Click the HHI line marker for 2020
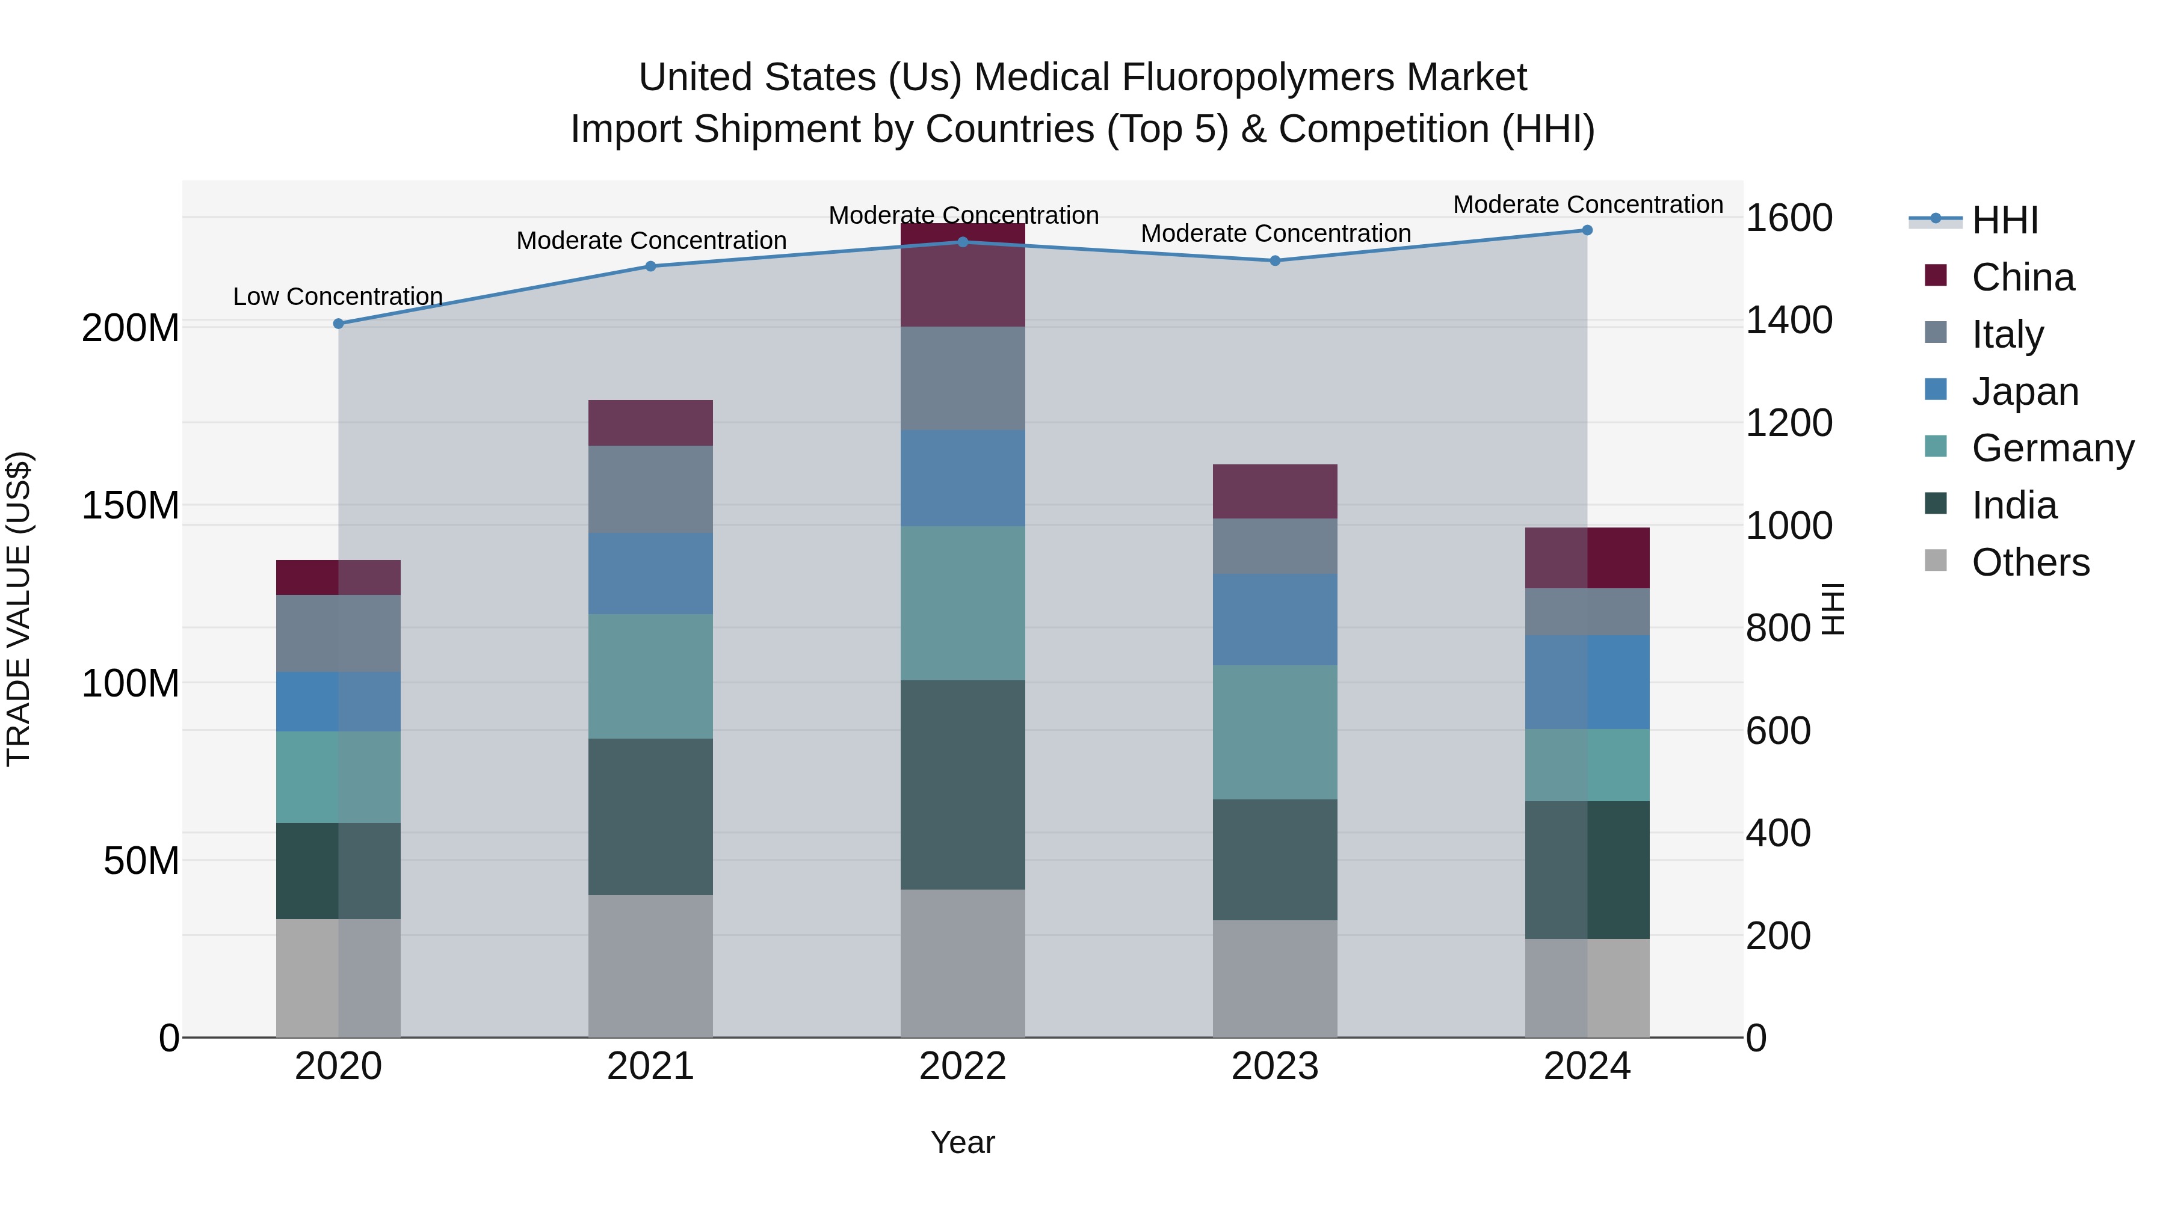pos(338,324)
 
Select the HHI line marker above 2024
pos(1587,230)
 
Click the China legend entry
pos(2022,277)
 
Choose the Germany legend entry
pos(2052,448)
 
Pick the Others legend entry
pos(2030,562)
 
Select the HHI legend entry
pos(2005,220)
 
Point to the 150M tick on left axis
pos(131,506)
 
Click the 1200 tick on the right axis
pos(1789,423)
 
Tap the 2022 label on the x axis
pos(962,1066)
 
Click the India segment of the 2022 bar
pos(962,784)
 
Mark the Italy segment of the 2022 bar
pos(962,378)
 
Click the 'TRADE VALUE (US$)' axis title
pos(19,609)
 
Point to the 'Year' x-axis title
pos(962,1142)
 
